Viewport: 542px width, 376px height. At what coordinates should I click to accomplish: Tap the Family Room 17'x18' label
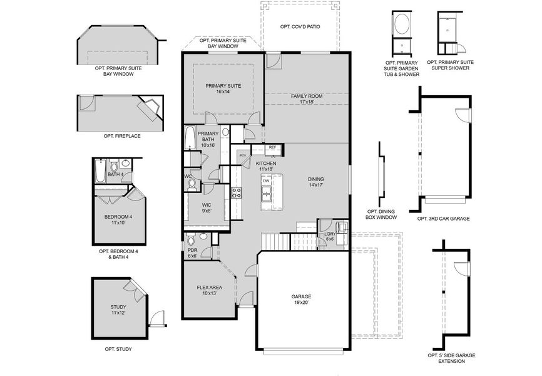coord(306,98)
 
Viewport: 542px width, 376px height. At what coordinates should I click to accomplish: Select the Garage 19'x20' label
coord(301,300)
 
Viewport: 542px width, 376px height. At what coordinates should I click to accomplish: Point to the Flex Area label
coord(207,290)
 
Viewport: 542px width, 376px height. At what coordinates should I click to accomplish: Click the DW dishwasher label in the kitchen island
coord(266,181)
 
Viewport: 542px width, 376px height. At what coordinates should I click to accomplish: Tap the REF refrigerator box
coord(272,148)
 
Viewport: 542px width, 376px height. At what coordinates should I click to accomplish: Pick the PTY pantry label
coord(242,155)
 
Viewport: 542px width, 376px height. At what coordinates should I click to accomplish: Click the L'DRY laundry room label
coord(329,236)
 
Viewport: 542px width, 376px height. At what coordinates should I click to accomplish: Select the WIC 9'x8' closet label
coord(207,208)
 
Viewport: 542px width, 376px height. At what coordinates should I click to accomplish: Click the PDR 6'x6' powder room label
coord(192,253)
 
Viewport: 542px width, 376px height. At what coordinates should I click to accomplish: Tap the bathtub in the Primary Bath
coord(191,138)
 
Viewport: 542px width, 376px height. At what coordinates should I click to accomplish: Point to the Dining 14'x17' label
coord(315,182)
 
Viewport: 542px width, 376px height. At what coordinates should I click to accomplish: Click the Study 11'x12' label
coord(118,310)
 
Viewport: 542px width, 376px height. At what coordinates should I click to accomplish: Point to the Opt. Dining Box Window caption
coord(381,214)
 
